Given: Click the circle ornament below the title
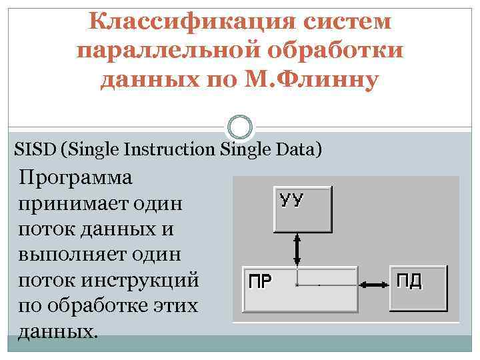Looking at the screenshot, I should pyautogui.click(x=240, y=126).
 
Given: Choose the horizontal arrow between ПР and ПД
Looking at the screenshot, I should pyautogui.click(x=374, y=285).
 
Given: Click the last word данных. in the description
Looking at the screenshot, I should pyautogui.click(x=59, y=331).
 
